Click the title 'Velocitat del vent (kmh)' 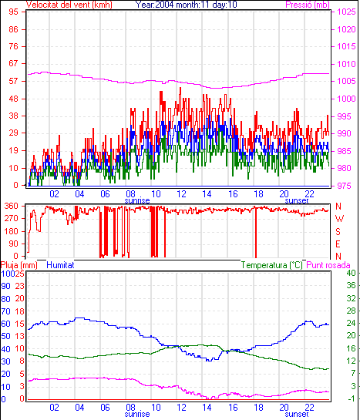(69, 5)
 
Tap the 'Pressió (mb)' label (308, 5)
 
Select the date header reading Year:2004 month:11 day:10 (186, 5)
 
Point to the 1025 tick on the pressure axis (346, 12)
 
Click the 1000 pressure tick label (346, 99)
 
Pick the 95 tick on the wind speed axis (13, 12)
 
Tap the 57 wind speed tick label (13, 81)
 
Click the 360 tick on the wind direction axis (12, 207)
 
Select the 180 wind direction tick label (12, 231)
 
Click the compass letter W (339, 219)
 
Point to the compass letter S (338, 231)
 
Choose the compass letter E (338, 244)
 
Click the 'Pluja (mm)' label (19, 265)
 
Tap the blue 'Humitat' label (60, 265)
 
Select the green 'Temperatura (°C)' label (272, 265)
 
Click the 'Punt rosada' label (328, 265)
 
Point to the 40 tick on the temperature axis (352, 274)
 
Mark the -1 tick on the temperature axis (352, 399)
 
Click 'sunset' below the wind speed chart (297, 200)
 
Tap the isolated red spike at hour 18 (256, 232)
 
